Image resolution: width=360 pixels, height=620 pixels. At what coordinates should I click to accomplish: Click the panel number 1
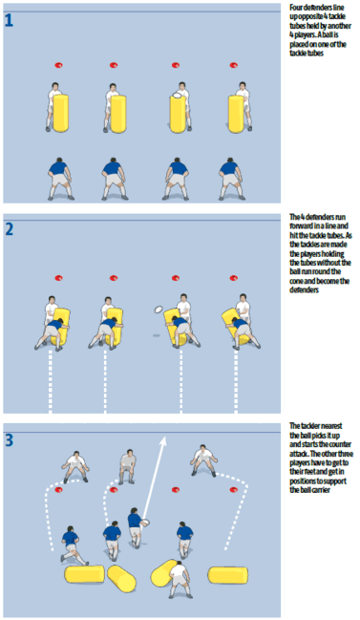[x=10, y=19]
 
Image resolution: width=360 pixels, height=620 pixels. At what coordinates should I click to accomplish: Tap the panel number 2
[x=10, y=230]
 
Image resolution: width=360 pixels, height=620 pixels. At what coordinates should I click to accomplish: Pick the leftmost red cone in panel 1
[x=55, y=66]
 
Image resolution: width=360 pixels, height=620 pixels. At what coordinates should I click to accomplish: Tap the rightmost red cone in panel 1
[x=233, y=66]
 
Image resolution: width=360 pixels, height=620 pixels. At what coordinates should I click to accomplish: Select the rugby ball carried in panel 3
[x=147, y=523]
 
